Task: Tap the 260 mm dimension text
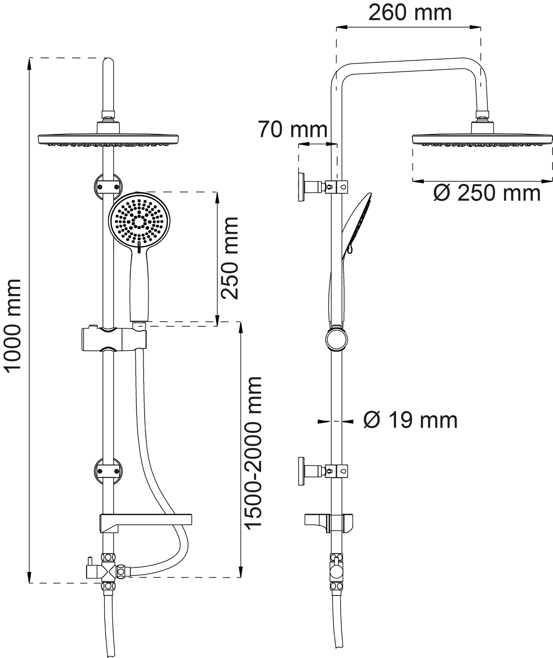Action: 410,13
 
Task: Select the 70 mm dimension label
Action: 293,130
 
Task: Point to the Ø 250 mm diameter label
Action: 487,193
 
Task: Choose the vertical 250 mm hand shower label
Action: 229,258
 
